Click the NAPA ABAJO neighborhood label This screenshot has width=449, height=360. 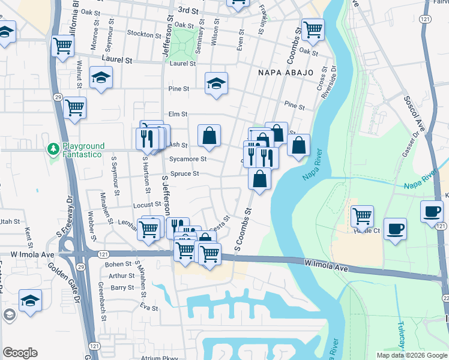point(286,73)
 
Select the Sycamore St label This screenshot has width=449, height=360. point(188,159)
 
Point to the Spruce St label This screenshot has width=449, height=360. point(185,173)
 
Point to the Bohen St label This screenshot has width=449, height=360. point(118,264)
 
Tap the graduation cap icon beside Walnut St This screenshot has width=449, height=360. point(101,76)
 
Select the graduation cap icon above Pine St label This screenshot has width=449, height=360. point(216,82)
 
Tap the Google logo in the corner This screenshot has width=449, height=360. point(20,353)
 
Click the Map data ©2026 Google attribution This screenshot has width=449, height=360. point(412,355)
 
